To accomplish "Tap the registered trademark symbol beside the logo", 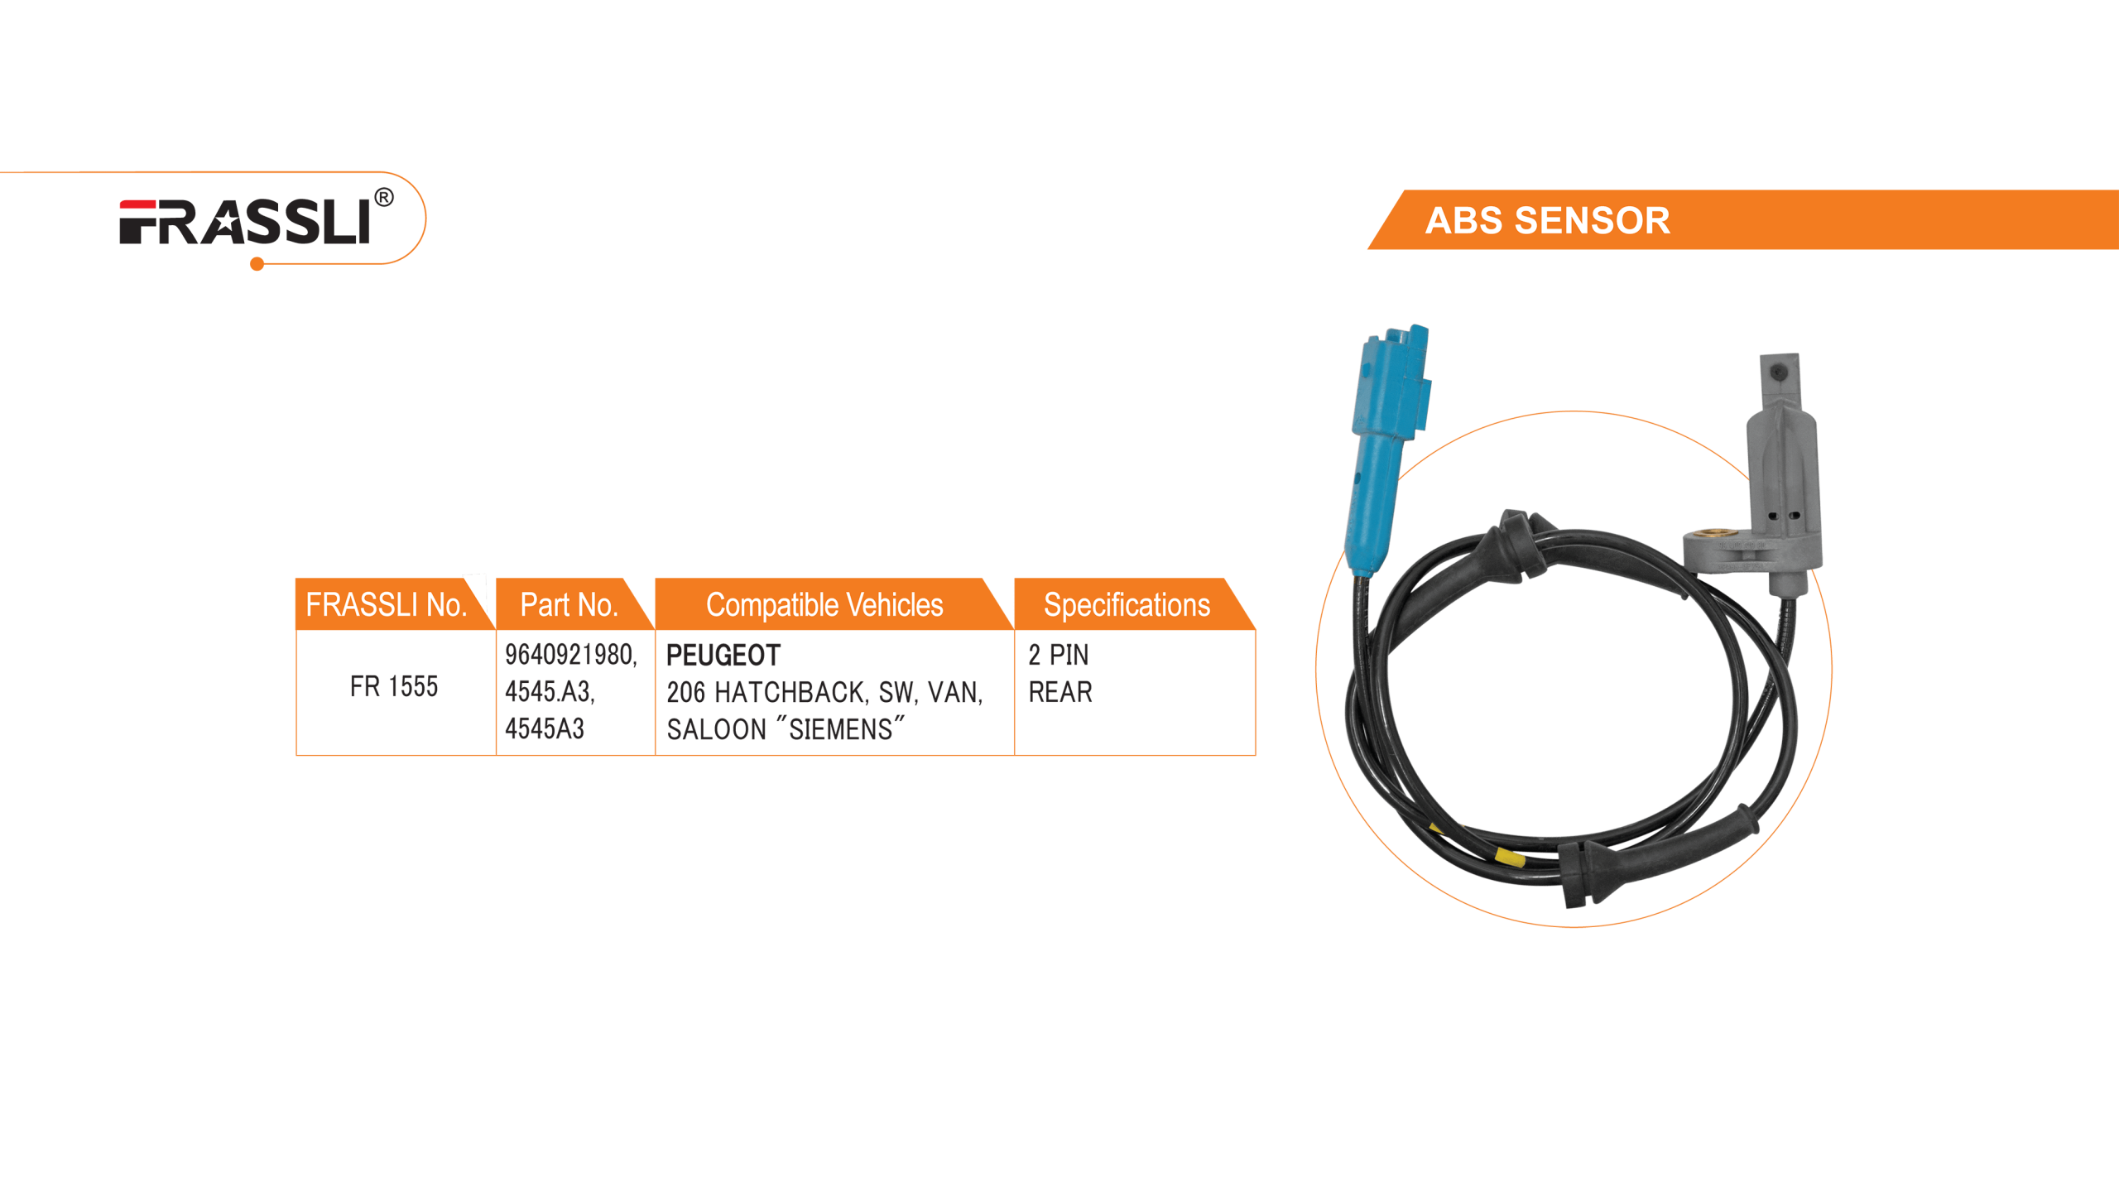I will (383, 199).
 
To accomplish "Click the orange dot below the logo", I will (257, 265).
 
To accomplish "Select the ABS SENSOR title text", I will (1546, 221).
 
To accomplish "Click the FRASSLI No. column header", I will (386, 605).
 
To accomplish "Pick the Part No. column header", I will (569, 605).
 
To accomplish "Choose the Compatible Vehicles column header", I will (824, 605).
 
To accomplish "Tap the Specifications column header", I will (1127, 605).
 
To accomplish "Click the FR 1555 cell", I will (393, 686).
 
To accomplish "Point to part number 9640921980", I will (569, 655).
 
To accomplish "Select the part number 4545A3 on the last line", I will (545, 728).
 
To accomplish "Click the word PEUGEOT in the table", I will (723, 656).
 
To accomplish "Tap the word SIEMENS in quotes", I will (840, 729).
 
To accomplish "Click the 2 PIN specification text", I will (1058, 656).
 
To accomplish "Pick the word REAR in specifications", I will (1060, 692).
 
